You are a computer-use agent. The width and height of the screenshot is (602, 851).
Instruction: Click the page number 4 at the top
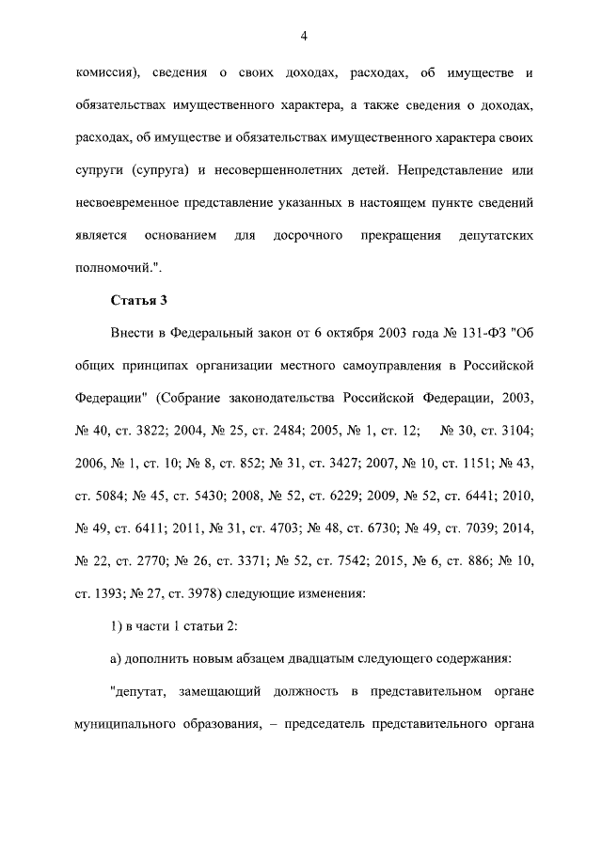click(x=304, y=36)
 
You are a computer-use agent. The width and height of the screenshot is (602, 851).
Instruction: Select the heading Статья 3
click(x=137, y=300)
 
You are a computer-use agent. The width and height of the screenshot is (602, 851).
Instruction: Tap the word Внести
click(x=131, y=334)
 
